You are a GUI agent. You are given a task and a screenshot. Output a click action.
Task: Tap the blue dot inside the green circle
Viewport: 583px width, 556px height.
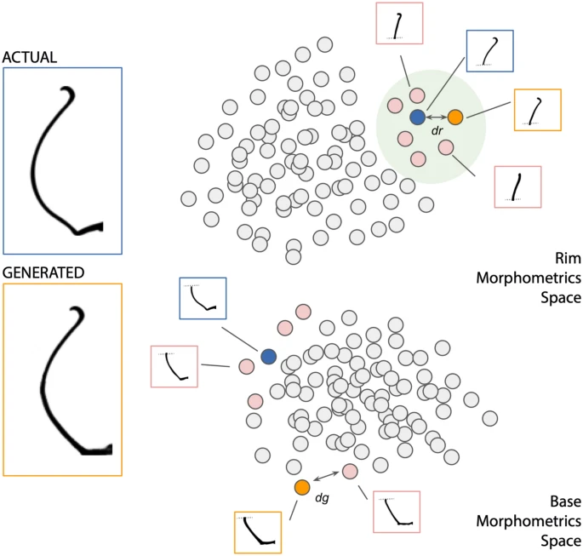[417, 117]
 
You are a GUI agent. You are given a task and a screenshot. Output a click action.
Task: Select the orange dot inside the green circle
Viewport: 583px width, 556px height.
[455, 117]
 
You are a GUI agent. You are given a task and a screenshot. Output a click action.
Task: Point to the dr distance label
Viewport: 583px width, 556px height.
[437, 131]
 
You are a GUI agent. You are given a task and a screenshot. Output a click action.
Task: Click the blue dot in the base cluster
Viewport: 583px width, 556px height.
[269, 356]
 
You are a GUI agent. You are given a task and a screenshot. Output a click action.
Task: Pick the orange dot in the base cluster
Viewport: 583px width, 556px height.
[302, 487]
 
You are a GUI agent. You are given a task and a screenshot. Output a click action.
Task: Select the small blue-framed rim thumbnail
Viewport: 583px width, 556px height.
[489, 50]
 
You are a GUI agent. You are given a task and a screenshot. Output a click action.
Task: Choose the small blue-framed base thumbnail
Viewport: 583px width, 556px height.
[203, 299]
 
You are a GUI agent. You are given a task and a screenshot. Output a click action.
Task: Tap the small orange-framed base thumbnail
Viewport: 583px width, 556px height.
[259, 531]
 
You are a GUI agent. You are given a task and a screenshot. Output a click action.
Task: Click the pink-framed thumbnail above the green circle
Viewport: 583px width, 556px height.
[400, 23]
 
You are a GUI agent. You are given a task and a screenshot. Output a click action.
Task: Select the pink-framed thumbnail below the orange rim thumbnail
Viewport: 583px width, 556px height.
[518, 187]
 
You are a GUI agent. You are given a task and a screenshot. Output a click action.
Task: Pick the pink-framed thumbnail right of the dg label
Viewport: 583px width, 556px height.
[397, 512]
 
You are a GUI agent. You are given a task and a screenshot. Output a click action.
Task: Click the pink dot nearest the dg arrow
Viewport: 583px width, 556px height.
[350, 471]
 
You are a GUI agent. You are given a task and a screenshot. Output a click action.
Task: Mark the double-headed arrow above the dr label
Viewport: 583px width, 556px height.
[437, 117]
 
